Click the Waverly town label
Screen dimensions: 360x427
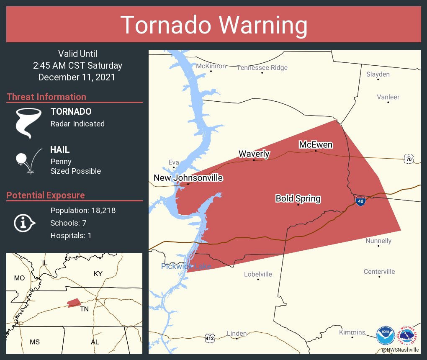(254, 154)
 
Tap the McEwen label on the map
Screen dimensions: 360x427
(316, 145)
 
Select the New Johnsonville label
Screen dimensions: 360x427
(188, 178)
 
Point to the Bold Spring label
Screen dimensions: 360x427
(298, 198)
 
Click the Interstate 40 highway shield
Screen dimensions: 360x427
(360, 201)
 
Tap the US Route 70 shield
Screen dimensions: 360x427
(409, 159)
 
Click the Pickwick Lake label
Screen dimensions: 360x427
(186, 266)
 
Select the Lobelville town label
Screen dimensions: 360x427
(258, 274)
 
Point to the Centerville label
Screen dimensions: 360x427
(379, 272)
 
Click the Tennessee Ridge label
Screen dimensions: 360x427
(262, 68)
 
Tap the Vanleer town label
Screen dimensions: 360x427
(388, 97)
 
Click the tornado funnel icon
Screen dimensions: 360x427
(28, 123)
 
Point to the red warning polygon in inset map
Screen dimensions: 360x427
(74, 302)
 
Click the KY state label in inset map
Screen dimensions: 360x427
(98, 274)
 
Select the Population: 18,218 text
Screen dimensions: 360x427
(83, 210)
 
